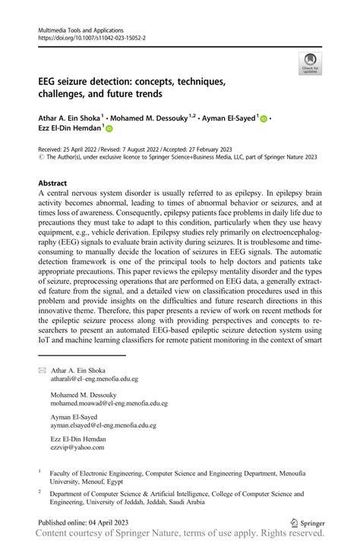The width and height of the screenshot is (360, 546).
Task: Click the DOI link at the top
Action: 92,36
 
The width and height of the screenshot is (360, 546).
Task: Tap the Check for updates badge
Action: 309,63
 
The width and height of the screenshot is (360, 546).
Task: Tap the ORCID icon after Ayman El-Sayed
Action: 264,118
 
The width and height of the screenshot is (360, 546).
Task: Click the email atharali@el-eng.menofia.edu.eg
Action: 94,378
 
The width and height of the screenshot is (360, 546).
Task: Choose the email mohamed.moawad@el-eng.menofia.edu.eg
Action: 109,404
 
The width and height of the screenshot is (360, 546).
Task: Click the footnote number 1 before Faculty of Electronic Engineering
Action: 39,471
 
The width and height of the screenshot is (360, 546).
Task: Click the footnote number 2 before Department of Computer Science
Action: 39,492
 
